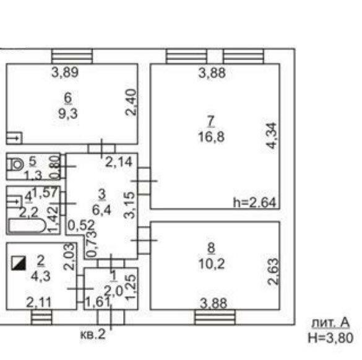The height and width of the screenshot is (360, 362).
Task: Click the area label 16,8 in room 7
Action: point(211,136)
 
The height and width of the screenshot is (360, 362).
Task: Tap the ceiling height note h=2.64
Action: point(254,203)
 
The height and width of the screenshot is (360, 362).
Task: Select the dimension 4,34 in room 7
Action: point(271,136)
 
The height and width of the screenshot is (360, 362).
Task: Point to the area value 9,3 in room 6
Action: point(68,113)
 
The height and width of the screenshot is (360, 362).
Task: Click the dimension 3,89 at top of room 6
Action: point(65,72)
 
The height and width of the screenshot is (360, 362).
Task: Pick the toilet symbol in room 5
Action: point(15,165)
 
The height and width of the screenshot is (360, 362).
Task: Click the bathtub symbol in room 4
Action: point(27,226)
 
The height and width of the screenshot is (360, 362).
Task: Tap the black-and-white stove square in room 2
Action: point(19,263)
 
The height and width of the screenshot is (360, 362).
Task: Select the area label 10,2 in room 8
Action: point(211,264)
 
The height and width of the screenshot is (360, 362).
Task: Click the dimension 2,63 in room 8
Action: point(273,271)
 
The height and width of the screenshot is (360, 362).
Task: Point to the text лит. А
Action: point(330,323)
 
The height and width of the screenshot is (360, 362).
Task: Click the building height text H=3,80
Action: point(330,337)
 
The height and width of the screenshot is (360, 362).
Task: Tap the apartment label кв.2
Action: point(93,334)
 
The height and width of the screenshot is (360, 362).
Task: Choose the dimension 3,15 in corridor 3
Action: point(129,205)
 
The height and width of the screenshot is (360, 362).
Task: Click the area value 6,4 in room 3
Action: point(101,210)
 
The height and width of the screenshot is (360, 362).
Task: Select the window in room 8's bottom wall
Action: point(215,317)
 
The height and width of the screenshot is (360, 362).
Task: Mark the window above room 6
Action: point(72,56)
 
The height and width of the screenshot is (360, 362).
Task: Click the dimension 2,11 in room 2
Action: point(38,302)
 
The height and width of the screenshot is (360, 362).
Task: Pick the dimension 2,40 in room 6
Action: point(131,102)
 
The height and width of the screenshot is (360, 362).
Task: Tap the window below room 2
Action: point(41,317)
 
